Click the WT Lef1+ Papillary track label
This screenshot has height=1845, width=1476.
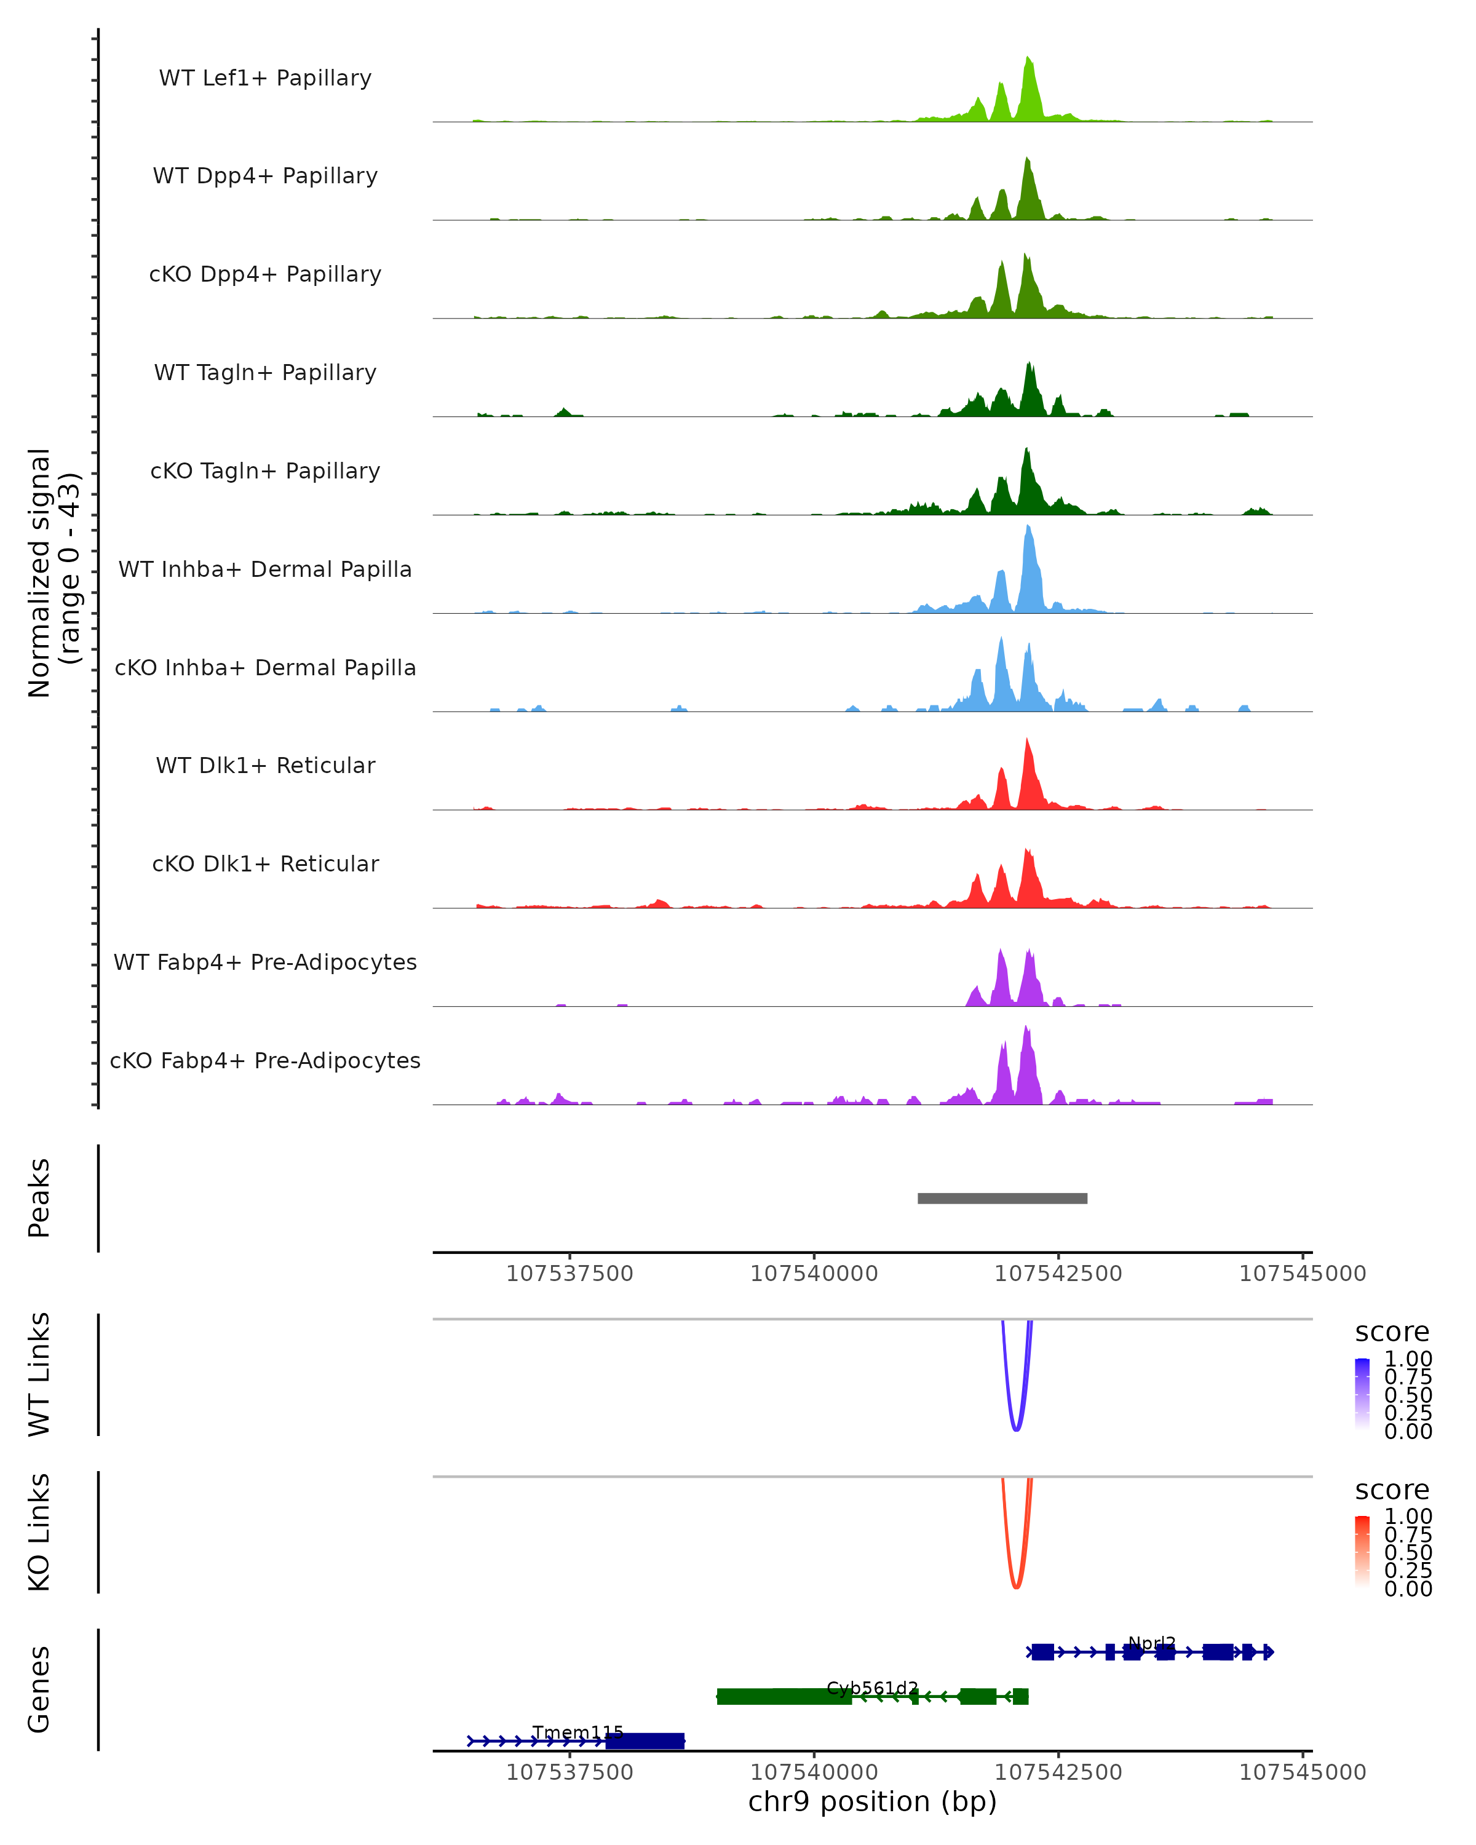[x=265, y=78]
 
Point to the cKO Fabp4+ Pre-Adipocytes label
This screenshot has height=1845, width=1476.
[x=265, y=1060]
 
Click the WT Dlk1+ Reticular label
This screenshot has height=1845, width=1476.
[x=265, y=765]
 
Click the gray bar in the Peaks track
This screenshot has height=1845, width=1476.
[x=1002, y=1198]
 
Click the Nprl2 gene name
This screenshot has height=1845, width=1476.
[x=1152, y=1643]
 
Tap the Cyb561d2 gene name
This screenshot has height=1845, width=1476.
[x=872, y=1688]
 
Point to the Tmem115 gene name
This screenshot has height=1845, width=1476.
[x=577, y=1732]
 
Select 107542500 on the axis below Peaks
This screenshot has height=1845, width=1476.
[x=1058, y=1274]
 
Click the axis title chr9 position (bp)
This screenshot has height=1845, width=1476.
[x=872, y=1802]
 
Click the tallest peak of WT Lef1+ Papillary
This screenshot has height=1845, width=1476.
[x=1028, y=60]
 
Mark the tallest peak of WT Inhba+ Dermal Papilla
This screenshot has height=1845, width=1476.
[x=1028, y=529]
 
